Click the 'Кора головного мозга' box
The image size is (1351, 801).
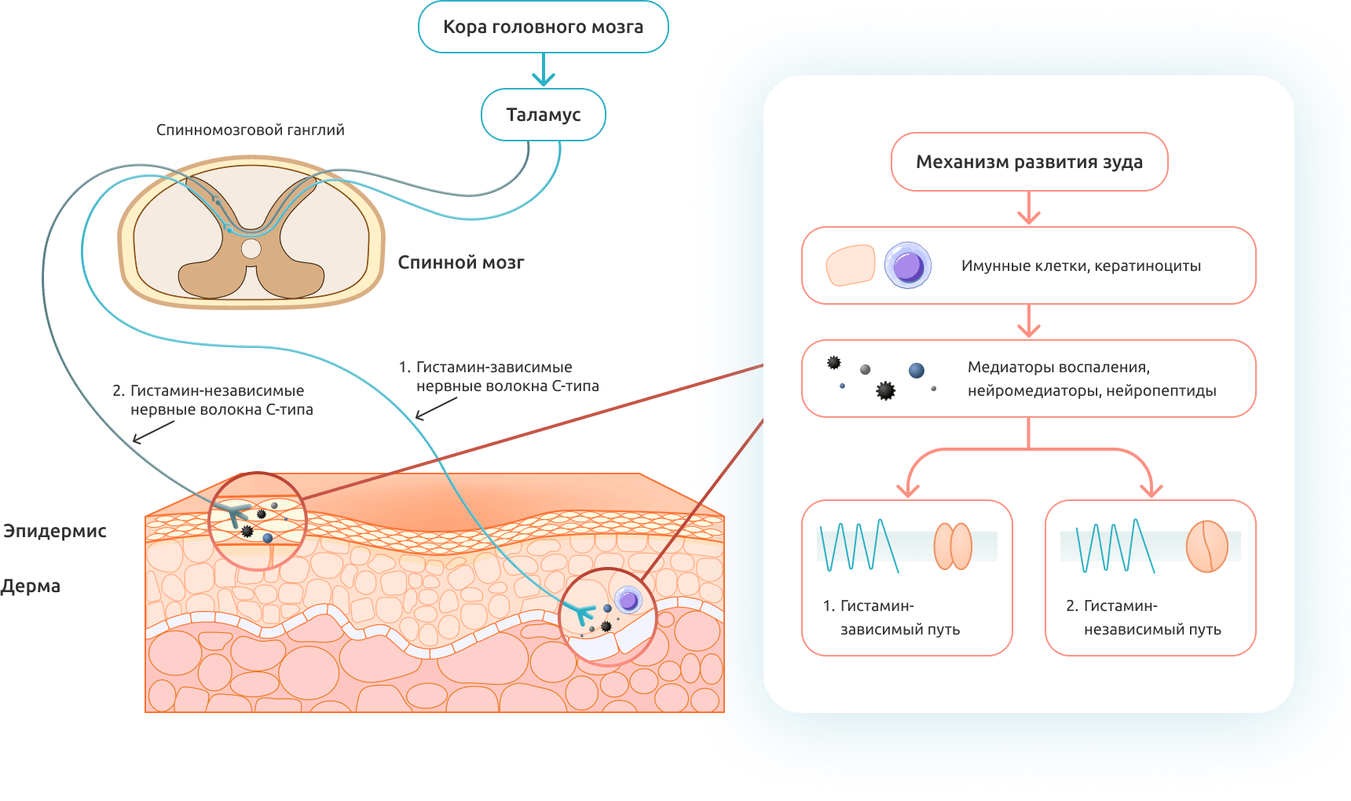[543, 27]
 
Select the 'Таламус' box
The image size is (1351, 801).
[543, 115]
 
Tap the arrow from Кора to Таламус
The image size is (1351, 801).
[543, 71]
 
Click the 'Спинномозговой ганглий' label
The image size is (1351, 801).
[250, 130]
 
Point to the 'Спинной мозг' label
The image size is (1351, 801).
[460, 262]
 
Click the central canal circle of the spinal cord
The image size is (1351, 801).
[251, 249]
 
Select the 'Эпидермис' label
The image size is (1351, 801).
[55, 531]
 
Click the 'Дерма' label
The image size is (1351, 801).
[31, 586]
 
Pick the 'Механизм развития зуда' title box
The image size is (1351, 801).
[1029, 162]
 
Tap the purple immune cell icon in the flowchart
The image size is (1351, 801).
[908, 265]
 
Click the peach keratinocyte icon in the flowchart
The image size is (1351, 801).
[851, 265]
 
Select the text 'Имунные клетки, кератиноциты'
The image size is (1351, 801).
[1081, 266]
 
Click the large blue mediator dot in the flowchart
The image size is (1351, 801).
[917, 371]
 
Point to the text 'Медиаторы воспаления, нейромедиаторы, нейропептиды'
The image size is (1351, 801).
[1092, 379]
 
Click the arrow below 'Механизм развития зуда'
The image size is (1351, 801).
[1029, 209]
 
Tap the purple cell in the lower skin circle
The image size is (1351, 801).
[628, 601]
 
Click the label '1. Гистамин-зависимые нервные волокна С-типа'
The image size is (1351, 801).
[499, 376]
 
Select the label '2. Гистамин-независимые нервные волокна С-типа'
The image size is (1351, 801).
[213, 400]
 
